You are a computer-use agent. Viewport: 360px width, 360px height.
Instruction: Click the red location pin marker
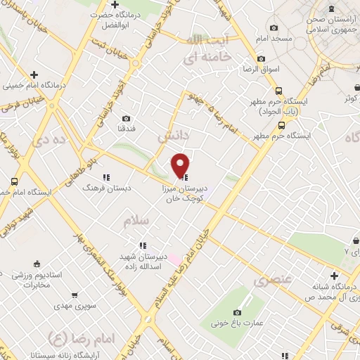(181, 165)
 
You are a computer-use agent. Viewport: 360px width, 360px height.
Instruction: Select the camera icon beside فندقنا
(127, 119)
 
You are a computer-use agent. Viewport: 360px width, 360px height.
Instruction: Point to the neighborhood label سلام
(136, 221)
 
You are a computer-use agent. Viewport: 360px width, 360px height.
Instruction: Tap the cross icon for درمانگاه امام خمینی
(34, 74)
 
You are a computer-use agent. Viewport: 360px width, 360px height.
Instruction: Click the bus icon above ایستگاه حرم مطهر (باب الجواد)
(280, 91)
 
